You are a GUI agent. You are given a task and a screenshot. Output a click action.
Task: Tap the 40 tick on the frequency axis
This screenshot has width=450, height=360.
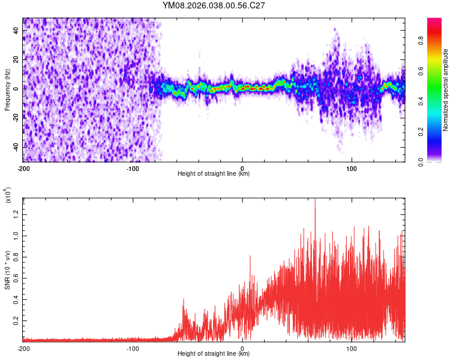16,30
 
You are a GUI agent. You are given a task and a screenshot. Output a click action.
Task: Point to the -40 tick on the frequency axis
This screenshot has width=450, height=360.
16,146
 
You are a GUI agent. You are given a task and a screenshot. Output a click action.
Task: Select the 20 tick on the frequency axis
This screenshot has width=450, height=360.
16,59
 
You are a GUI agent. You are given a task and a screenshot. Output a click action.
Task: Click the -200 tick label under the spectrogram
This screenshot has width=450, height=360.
23,168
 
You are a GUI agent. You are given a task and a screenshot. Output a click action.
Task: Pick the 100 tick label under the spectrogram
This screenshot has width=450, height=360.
352,168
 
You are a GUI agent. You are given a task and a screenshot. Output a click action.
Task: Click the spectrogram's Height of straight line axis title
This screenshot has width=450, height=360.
214,174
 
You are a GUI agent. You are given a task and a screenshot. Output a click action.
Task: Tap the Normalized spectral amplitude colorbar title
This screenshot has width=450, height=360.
446,90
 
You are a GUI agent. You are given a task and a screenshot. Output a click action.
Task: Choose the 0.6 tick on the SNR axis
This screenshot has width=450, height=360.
16,278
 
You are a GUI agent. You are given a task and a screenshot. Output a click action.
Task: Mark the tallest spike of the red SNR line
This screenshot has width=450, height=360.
315,200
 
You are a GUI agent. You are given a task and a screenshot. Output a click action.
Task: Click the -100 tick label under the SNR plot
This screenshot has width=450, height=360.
133,347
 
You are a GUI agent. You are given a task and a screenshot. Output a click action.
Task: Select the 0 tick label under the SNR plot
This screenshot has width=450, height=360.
242,347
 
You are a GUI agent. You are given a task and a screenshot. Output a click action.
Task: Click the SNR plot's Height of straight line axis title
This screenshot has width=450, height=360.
214,354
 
